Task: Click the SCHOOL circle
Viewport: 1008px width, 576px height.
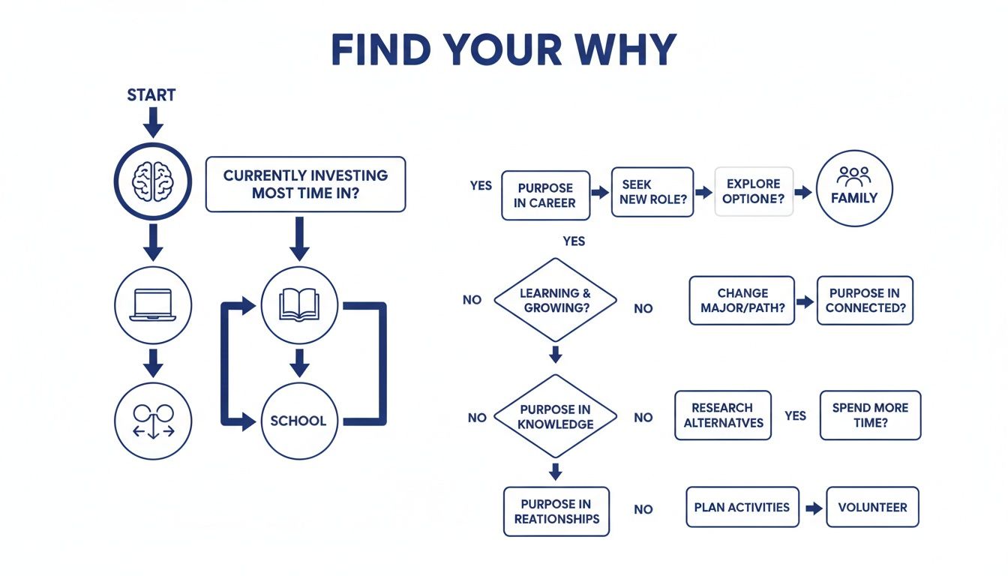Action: (299, 420)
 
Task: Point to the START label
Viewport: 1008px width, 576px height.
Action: (151, 95)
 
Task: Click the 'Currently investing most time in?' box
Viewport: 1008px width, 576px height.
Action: (305, 184)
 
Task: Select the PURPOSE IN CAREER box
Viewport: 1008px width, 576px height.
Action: (545, 195)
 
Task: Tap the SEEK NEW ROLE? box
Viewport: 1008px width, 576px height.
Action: (652, 192)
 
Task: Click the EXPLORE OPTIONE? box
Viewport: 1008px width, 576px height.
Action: (753, 192)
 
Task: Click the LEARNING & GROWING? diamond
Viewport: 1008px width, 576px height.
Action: (555, 301)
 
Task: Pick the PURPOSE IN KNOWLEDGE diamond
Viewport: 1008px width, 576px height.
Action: (555, 416)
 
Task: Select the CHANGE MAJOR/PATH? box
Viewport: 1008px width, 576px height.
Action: (742, 300)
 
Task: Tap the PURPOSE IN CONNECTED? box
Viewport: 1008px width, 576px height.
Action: (865, 300)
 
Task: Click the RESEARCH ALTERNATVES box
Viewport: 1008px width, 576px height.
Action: (723, 415)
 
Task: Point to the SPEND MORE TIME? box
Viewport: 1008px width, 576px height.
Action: (870, 415)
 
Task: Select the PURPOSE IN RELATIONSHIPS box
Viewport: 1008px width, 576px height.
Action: (556, 511)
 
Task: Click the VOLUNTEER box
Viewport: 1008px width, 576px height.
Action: (872, 507)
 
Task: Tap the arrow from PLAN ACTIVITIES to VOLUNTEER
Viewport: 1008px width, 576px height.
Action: (813, 508)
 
